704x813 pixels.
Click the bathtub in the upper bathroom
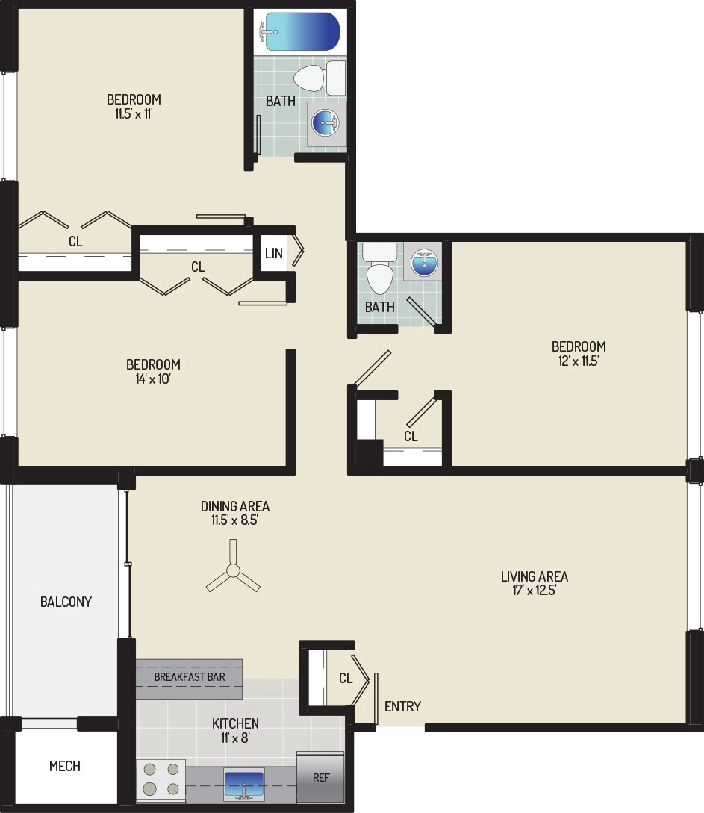coord(299,31)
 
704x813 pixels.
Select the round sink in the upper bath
coord(326,122)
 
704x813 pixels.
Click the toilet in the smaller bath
coord(379,272)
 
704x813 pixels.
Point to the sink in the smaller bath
coord(423,263)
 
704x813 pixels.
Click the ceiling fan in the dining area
coord(233,573)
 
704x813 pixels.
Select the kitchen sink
coord(244,783)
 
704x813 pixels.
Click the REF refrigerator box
coord(320,777)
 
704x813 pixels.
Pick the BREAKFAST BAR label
coord(189,677)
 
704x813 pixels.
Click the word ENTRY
coord(402,706)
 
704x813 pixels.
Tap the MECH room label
coord(65,766)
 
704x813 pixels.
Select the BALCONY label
coord(66,602)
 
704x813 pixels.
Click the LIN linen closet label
coord(273,253)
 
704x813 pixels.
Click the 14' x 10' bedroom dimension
coord(153,379)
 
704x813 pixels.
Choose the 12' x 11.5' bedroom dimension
coord(579,361)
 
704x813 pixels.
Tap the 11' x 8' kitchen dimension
coord(235,738)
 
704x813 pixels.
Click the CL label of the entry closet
coord(345,679)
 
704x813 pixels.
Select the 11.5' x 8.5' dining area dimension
coord(234,520)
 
